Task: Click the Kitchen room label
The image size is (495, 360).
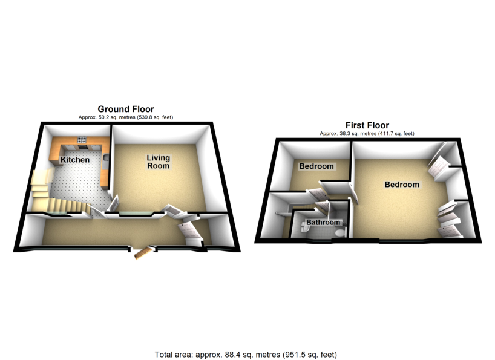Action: [x=75, y=160]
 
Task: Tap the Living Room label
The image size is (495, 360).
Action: [x=159, y=162]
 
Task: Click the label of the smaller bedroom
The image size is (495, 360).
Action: [x=316, y=166]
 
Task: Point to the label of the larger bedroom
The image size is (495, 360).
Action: [x=402, y=185]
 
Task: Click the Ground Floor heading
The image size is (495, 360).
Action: [x=126, y=110]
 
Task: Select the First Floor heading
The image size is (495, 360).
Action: [x=367, y=125]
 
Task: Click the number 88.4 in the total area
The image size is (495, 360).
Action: [x=221, y=355]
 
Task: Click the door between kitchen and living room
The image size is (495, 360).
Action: [x=113, y=202]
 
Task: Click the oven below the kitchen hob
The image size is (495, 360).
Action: [x=82, y=148]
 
